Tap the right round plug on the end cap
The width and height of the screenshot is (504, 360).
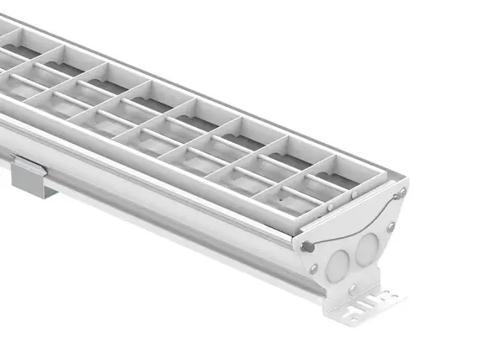point(366,249)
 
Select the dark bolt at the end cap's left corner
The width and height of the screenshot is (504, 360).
point(308,246)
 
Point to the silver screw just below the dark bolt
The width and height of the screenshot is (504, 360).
point(314,268)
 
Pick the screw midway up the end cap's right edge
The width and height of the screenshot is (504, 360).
point(391,226)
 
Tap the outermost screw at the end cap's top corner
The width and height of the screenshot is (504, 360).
point(403,192)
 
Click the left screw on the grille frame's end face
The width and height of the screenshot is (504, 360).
point(331,206)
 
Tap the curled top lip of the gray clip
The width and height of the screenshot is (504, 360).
point(30,164)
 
